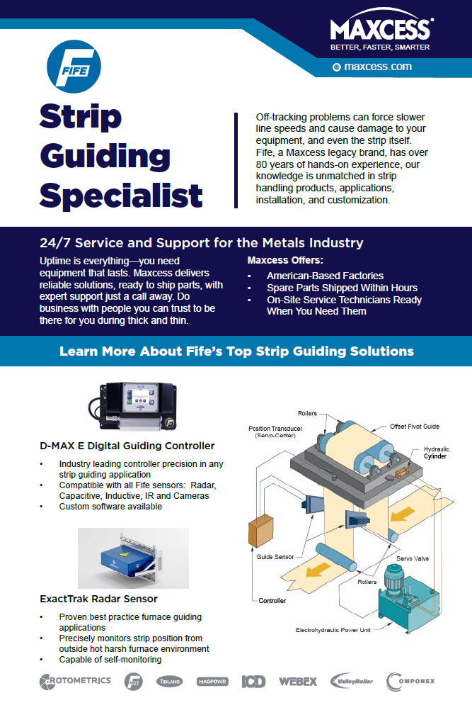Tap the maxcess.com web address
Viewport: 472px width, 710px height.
377,67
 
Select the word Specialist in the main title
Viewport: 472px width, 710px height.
121,195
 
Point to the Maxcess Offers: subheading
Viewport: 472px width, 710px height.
284,260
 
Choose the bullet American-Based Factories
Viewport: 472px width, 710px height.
325,276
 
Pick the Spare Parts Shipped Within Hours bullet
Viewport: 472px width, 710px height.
342,288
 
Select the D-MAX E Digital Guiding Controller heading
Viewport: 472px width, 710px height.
127,446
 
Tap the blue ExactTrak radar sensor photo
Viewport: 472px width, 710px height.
133,558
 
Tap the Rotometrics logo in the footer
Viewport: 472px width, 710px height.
75,681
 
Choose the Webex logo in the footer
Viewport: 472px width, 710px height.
298,682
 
